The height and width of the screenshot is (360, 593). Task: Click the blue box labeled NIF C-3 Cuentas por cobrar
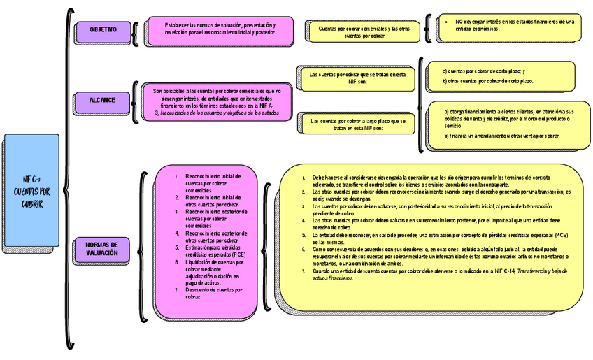point(31,190)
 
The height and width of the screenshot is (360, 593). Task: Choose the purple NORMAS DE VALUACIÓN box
point(102,248)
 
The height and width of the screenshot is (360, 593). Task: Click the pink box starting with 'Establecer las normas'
point(220,29)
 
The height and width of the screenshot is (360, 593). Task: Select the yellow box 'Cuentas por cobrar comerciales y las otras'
point(364,31)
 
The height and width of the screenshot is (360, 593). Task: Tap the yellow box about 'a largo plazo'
point(359,124)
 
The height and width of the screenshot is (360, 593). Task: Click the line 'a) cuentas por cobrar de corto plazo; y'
point(484,71)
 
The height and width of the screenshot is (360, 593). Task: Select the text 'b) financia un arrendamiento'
point(501,136)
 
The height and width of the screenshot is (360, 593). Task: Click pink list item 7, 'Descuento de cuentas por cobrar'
point(213,293)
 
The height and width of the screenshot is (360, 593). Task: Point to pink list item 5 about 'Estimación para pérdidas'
point(213,251)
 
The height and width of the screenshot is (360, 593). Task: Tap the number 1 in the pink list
point(177,176)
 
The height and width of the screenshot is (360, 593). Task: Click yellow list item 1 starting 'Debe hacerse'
point(434,180)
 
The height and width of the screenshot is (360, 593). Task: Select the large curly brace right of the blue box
point(69,178)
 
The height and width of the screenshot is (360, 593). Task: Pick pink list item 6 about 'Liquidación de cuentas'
point(213,272)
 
